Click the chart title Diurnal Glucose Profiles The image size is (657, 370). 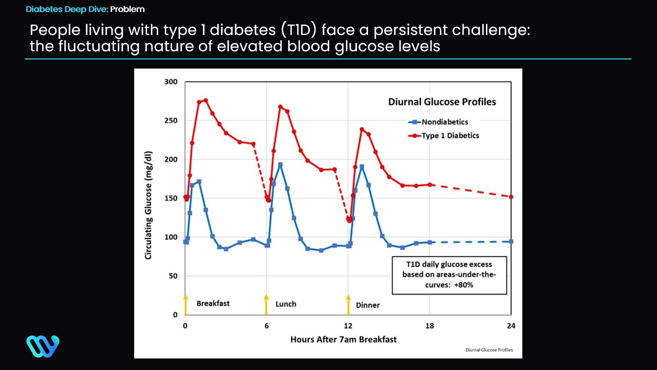[441, 102]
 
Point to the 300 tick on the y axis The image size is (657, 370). [172, 82]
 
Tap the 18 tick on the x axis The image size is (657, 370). [429, 326]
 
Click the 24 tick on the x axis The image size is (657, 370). [511, 326]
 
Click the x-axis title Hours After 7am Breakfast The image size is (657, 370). [343, 339]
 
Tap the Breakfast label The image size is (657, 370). [213, 303]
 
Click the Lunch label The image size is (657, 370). [286, 304]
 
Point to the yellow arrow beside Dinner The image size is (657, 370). [348, 304]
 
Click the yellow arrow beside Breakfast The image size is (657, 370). [185, 304]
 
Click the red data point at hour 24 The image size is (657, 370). [511, 197]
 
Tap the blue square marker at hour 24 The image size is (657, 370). [511, 242]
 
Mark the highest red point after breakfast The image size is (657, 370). [206, 100]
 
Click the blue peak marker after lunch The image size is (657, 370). [280, 164]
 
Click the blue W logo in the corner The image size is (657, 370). [43, 346]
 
